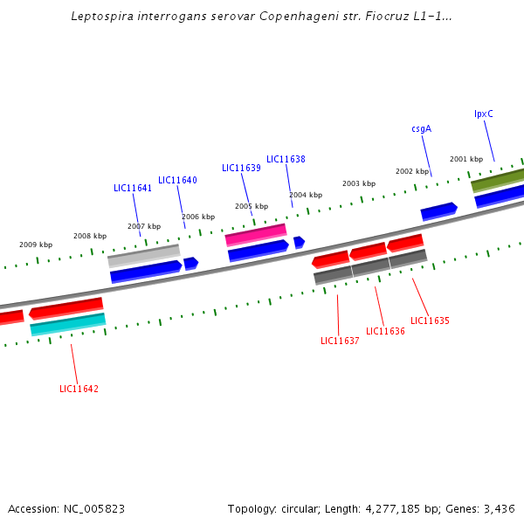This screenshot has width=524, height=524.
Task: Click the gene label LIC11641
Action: click(x=133, y=188)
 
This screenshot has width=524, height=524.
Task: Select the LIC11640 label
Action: click(x=177, y=180)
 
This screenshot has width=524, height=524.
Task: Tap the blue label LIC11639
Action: click(x=241, y=168)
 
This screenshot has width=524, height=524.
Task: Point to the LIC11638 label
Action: click(x=286, y=159)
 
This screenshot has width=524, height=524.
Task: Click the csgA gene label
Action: click(x=422, y=128)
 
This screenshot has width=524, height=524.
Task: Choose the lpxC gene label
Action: click(x=484, y=114)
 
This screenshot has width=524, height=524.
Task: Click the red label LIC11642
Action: click(x=79, y=389)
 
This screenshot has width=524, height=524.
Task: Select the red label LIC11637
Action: click(x=340, y=341)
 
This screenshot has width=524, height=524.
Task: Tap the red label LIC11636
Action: click(x=385, y=331)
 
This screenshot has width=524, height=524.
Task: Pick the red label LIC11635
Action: click(x=430, y=321)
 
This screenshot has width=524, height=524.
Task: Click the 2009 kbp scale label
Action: click(x=36, y=245)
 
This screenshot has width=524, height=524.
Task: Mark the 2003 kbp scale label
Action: click(x=359, y=183)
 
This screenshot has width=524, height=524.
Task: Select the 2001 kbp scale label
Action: click(x=466, y=159)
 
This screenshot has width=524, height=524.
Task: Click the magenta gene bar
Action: click(x=256, y=234)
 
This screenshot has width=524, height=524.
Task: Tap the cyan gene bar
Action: click(x=68, y=324)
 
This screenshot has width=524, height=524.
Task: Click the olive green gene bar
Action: click(x=498, y=180)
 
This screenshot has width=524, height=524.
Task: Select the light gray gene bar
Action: click(x=144, y=255)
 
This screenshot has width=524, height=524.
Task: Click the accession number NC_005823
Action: click(x=100, y=508)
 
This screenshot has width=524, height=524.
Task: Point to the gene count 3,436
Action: click(x=499, y=508)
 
